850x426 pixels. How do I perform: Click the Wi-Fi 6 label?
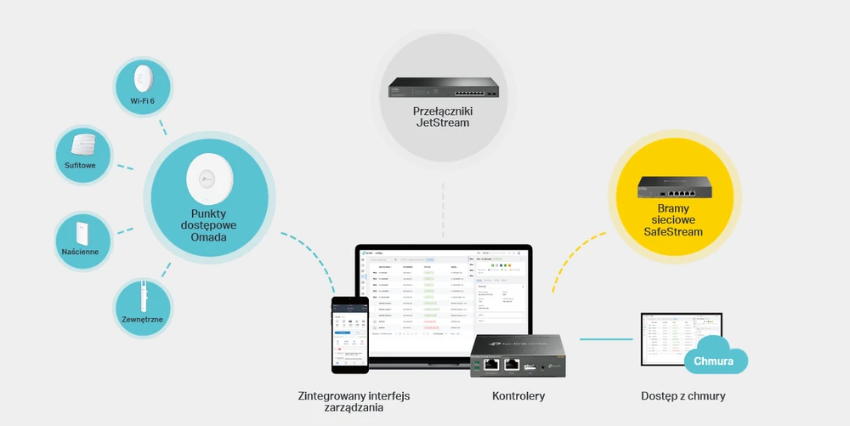tap(141, 102)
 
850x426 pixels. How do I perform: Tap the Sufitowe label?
tap(82, 165)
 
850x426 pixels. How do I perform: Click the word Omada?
tap(208, 237)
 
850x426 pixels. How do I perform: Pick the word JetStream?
tap(441, 123)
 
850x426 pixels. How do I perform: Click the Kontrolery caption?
tap(518, 396)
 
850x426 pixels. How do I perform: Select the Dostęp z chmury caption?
tap(683, 396)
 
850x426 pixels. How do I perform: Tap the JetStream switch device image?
tap(441, 88)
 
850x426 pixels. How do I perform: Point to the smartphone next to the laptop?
tap(350, 333)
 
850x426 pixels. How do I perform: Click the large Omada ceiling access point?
tap(208, 177)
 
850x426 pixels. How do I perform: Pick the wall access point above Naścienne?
tap(82, 230)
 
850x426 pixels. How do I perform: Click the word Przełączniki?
tap(441, 111)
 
